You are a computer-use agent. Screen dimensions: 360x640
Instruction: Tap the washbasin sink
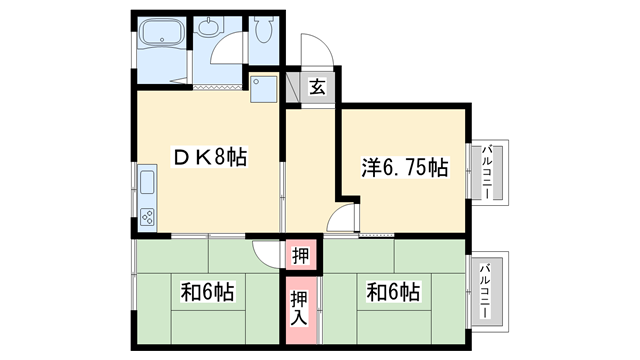(210, 29)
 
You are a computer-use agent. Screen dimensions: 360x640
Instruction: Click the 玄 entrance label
(316, 87)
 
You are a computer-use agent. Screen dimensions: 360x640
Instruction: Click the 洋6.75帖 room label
(404, 168)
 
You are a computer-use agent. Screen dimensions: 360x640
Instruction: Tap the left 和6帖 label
(207, 293)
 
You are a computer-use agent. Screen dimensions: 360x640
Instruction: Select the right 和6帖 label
(392, 293)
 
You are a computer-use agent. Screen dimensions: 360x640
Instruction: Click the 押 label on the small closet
(300, 255)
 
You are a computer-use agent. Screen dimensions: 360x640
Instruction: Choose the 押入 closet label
(300, 307)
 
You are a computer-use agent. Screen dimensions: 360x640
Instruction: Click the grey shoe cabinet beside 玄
(293, 87)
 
